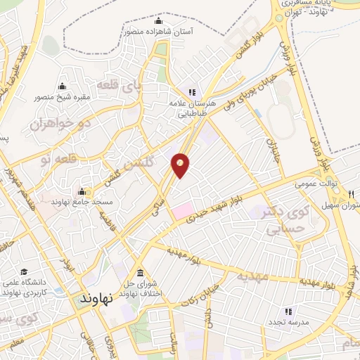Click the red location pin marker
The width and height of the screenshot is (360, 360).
point(180,165)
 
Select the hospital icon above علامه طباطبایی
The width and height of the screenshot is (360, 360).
point(191,91)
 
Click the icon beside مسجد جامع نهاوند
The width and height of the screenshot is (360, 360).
point(82,192)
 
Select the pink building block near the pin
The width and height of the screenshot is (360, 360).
point(183,209)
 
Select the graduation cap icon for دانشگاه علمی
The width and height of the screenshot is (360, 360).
point(23,272)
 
